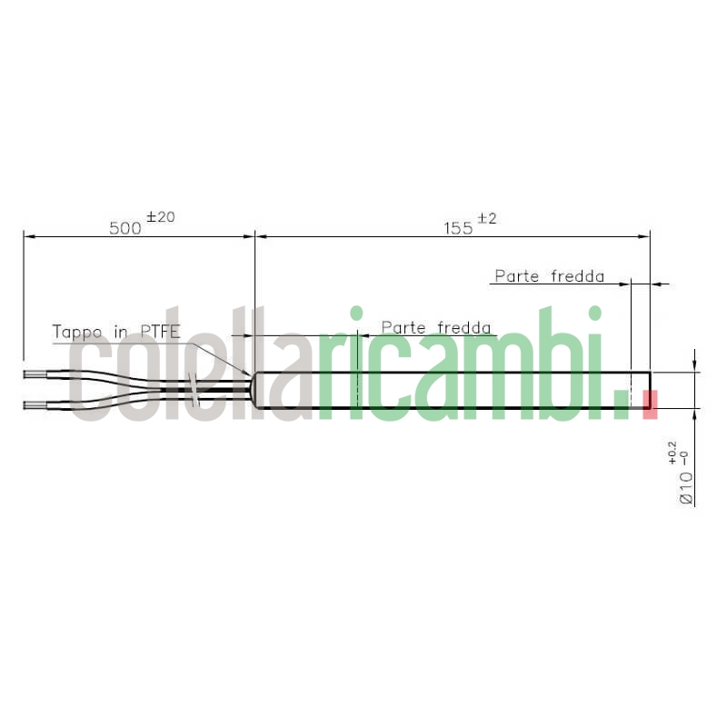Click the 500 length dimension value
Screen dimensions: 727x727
click(126, 227)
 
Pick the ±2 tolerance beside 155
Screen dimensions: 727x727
click(488, 218)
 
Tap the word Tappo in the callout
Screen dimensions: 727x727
click(77, 332)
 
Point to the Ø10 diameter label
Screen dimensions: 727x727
click(686, 488)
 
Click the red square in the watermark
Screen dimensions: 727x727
click(650, 404)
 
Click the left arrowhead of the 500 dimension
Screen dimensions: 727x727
click(28, 236)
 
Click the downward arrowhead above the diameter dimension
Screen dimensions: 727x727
click(695, 366)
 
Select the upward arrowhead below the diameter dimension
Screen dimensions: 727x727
click(695, 414)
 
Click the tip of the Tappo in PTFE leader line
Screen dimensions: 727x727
click(252, 375)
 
